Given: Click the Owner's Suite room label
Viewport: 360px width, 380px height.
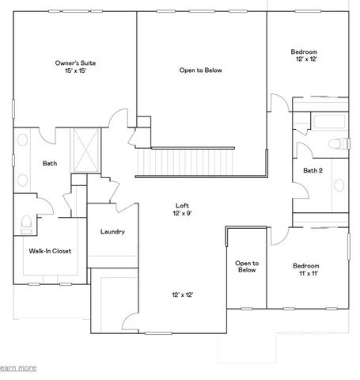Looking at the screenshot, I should pyautogui.click(x=76, y=63).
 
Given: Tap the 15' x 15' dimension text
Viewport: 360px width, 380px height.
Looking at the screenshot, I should pyautogui.click(x=76, y=71).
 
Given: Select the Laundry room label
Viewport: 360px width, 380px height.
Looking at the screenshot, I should pyautogui.click(x=113, y=232).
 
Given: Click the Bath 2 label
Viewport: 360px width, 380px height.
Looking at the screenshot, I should pyautogui.click(x=313, y=169).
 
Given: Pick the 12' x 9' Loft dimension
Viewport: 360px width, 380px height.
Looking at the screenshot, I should pyautogui.click(x=182, y=213).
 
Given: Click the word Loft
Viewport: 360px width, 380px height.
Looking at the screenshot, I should pyautogui.click(x=182, y=205).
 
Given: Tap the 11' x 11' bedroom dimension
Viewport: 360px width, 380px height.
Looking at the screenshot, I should pyautogui.click(x=305, y=273).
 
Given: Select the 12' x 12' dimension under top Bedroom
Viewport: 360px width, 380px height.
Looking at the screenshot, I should pyautogui.click(x=305, y=59).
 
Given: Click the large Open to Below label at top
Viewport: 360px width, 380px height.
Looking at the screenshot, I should pyautogui.click(x=200, y=70).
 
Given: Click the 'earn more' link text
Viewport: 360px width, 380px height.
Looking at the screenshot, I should pyautogui.click(x=17, y=367).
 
